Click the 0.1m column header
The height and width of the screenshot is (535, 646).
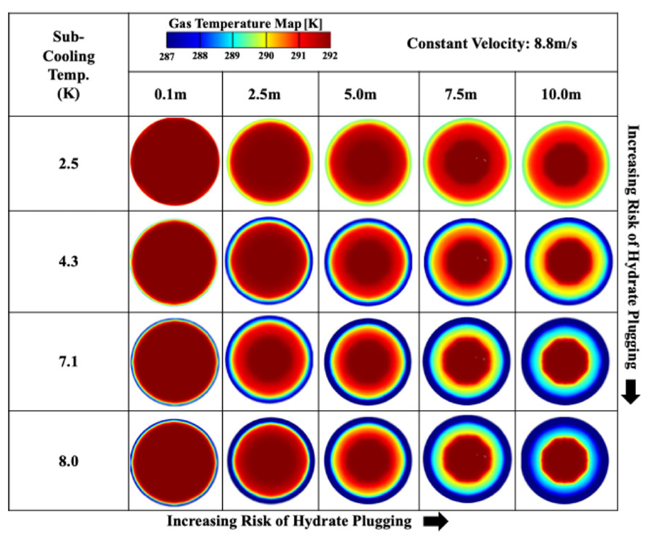170,94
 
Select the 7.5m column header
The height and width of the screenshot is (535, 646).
461,94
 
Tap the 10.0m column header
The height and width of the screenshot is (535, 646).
561,94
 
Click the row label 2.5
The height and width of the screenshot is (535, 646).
68,164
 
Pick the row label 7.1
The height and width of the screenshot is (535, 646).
68,361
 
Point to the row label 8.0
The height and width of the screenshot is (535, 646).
68,461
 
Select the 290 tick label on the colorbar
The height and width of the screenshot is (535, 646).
266,56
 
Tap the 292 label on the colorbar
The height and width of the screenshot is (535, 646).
329,56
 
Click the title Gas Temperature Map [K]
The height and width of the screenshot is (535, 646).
245,23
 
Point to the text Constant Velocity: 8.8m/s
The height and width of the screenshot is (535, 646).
492,44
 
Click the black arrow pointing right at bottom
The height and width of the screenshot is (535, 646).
435,521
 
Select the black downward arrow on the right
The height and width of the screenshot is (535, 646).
631,392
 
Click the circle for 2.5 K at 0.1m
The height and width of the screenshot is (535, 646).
175,162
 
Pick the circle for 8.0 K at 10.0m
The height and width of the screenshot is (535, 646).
565,460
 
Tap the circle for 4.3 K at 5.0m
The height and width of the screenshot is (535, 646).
368,262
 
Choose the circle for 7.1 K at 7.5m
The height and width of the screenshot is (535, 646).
467,361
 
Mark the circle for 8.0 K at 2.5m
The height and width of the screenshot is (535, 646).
271,460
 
